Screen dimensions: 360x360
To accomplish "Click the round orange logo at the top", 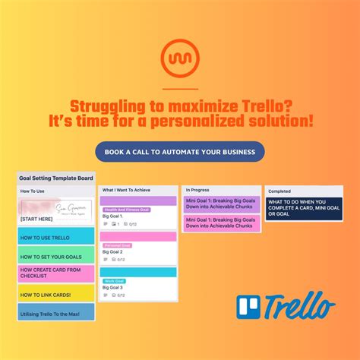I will click(x=179, y=58).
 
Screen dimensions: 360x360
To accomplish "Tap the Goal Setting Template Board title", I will click(x=55, y=177).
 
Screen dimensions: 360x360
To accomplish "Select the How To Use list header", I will click(x=33, y=191).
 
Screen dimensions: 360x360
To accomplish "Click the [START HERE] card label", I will click(x=36, y=219).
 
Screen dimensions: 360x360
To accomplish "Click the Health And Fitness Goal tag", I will click(x=127, y=210).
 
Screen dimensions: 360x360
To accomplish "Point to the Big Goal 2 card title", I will click(x=112, y=251).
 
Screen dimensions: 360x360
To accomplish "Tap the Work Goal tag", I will click(x=115, y=281).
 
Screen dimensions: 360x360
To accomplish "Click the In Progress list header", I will click(x=198, y=189).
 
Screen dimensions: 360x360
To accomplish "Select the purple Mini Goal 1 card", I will click(x=221, y=204).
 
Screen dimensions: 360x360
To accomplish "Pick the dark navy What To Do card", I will click(x=304, y=207).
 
